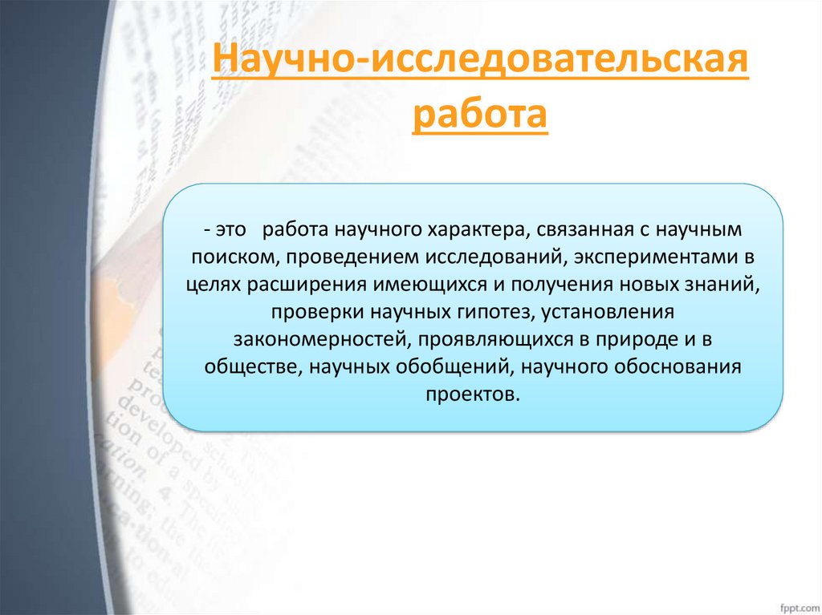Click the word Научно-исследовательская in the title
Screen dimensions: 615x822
click(x=479, y=63)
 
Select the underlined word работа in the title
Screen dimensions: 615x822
click(x=479, y=115)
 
